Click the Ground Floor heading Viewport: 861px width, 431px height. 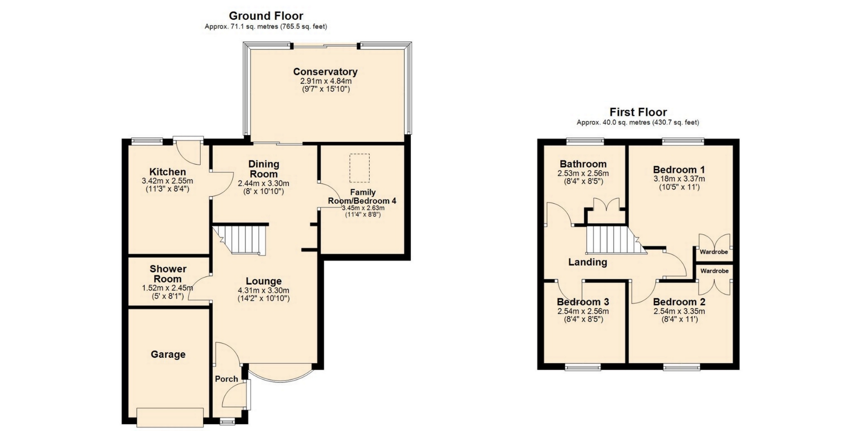coord(266,16)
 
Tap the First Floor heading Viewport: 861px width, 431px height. coord(638,112)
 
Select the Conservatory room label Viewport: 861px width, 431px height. coord(325,71)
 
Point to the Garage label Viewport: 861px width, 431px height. coord(168,354)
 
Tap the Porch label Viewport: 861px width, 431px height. coord(226,379)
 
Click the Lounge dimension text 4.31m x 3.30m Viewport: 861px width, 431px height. coord(264,290)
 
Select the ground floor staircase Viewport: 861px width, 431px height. coord(240,240)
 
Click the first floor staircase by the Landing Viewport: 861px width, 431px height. coord(615,240)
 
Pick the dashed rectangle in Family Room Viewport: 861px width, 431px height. coord(360,168)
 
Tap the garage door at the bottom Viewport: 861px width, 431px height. coord(170,417)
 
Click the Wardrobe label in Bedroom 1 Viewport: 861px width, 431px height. coord(714,252)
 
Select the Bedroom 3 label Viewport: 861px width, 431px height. coord(583,302)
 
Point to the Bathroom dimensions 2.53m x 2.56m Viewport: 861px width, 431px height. coord(583,173)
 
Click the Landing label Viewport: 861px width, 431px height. coord(587,262)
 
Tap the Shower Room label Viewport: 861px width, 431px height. coord(168,273)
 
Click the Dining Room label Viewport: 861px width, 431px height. coord(264,169)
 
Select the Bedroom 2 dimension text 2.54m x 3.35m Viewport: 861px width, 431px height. coord(679,312)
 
